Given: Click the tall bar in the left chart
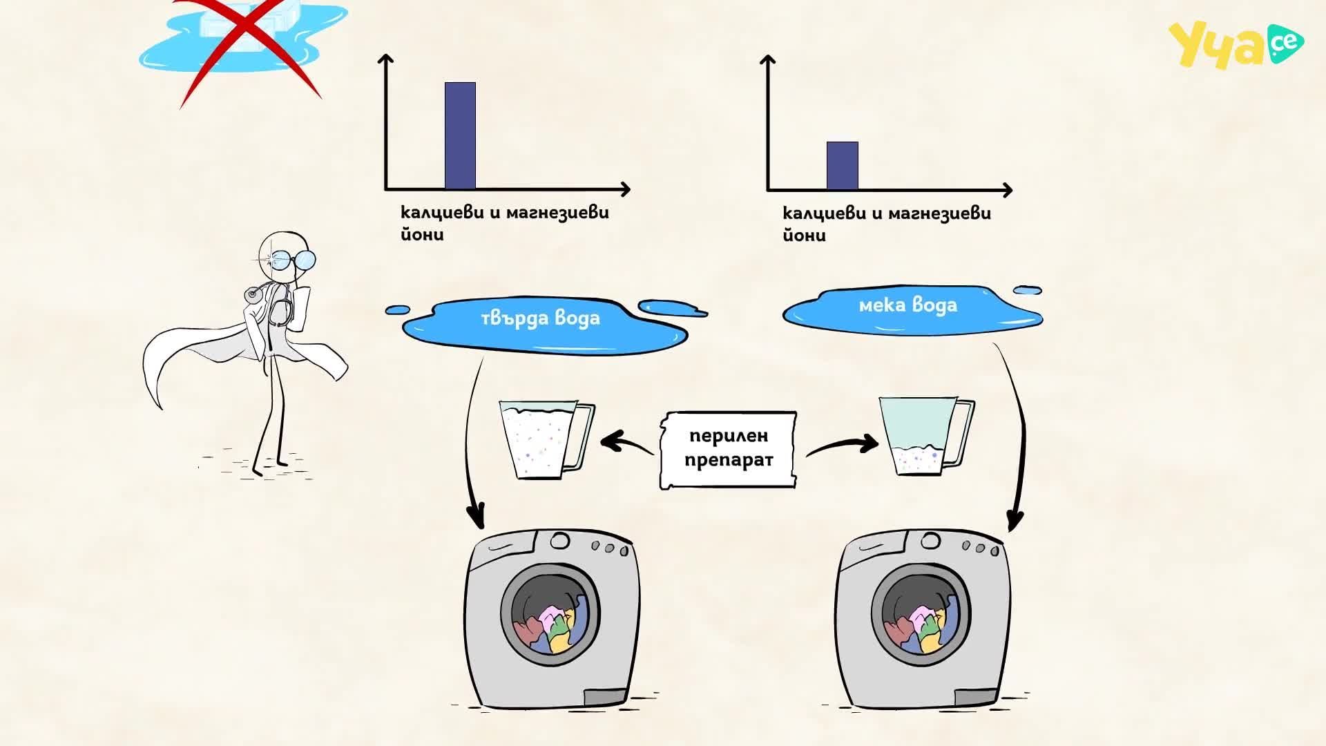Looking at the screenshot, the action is [x=460, y=135].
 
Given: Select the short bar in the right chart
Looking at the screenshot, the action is [x=843, y=166].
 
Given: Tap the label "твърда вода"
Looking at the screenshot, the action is [x=540, y=318].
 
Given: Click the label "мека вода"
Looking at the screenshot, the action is [x=908, y=305].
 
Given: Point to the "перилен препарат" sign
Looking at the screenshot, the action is [x=728, y=450].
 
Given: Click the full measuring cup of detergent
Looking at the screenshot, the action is [x=546, y=439].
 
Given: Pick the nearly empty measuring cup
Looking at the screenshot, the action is [x=925, y=436].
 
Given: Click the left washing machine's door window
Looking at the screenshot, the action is [x=550, y=615].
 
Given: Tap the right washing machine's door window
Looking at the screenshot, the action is [x=921, y=615].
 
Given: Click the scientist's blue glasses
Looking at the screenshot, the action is [x=290, y=260].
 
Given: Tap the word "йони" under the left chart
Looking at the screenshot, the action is [x=422, y=233].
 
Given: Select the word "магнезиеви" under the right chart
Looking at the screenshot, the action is [x=939, y=213].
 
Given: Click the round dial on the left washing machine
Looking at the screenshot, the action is [x=560, y=540].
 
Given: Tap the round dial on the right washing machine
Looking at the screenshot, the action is [x=930, y=540].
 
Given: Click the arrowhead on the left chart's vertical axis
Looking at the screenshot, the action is [x=386, y=59].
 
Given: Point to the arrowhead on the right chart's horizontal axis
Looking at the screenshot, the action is [x=1008, y=190].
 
